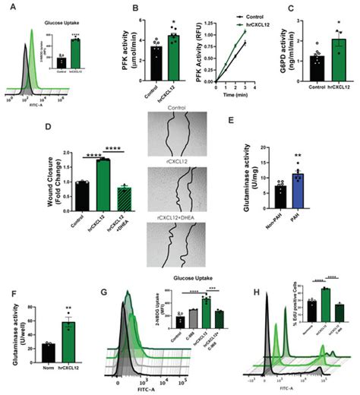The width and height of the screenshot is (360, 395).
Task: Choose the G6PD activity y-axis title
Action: click(293, 52)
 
